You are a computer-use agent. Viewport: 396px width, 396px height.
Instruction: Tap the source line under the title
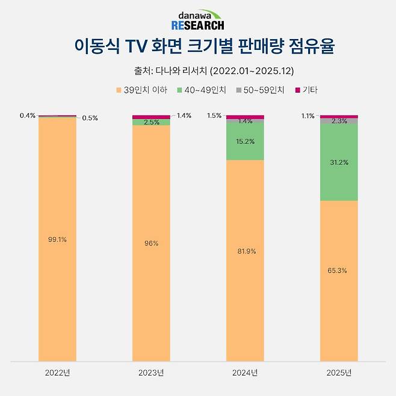198,71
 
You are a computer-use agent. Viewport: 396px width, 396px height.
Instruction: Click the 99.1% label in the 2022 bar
57,240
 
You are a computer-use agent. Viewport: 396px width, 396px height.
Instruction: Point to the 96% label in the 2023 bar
151,243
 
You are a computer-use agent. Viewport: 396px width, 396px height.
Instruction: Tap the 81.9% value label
245,251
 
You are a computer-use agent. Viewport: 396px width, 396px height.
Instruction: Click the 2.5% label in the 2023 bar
151,122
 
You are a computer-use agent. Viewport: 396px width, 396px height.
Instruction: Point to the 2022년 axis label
57,373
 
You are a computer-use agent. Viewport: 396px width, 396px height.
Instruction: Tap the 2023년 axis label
151,373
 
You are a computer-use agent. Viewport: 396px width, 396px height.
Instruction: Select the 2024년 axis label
245,373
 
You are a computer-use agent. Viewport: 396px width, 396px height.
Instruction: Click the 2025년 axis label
339,373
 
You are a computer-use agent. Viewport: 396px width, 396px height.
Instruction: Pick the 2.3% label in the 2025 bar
339,121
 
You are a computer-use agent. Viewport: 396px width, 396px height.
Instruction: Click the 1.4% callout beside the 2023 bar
184,115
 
